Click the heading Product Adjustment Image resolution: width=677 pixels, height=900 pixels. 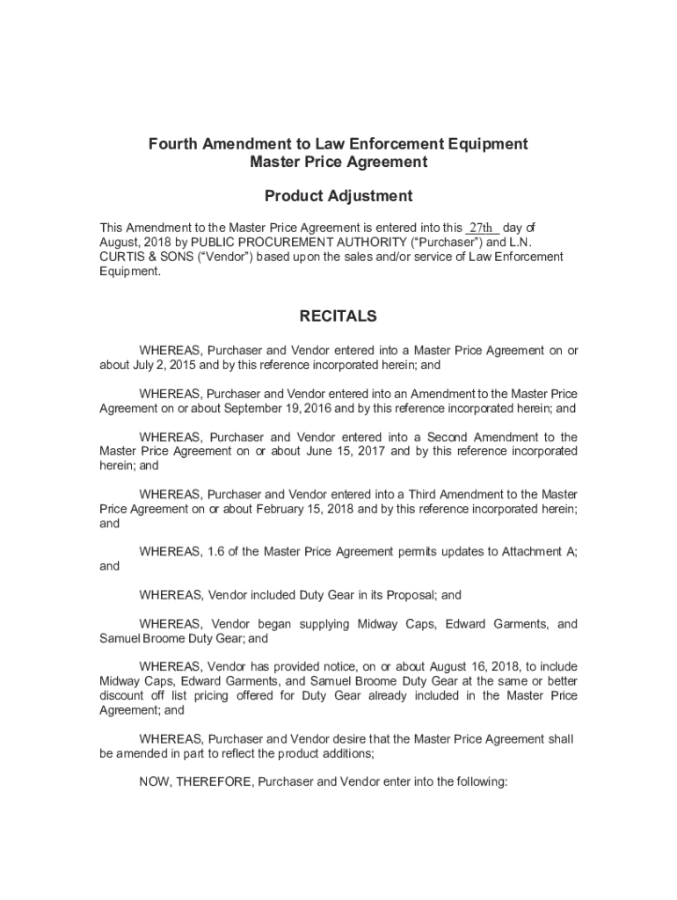(x=338, y=196)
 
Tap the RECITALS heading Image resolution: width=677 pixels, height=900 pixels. (x=338, y=316)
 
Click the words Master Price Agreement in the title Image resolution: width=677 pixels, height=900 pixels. (x=338, y=162)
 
